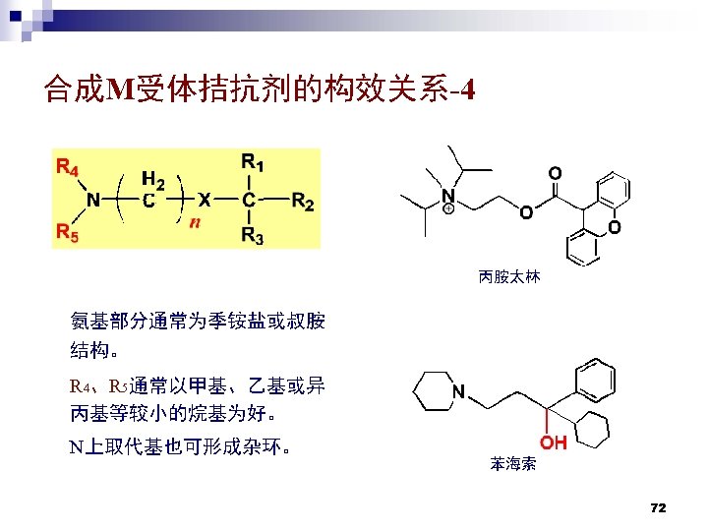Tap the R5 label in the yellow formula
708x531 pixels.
coord(68,233)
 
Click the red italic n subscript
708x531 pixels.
coord(195,223)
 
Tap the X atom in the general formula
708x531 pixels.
coord(203,200)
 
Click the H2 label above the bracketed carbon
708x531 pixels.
coord(152,180)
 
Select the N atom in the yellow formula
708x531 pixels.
coord(92,201)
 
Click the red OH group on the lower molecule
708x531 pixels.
coord(552,442)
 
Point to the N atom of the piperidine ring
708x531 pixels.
coord(457,391)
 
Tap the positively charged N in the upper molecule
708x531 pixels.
coord(448,197)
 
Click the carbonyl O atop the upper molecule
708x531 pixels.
coord(556,173)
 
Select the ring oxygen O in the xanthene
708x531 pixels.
coord(615,228)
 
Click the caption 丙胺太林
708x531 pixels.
coord(509,277)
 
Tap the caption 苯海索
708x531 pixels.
coord(512,464)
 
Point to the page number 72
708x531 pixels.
coord(659,507)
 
